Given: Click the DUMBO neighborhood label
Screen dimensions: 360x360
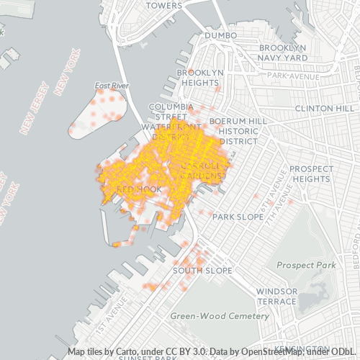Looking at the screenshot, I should point(220,35).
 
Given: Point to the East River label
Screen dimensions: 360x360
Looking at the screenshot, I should point(112,86).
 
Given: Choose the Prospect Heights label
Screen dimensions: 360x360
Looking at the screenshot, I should point(312,174).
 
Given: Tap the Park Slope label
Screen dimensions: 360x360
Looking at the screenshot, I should point(235,216).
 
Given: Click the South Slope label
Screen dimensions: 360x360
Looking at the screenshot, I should point(202,271).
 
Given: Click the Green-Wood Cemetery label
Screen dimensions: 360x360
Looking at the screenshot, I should point(220,316).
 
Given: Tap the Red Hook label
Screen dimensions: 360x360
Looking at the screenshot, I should point(127,189).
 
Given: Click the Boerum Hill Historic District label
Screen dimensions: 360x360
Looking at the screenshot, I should point(233,131).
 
